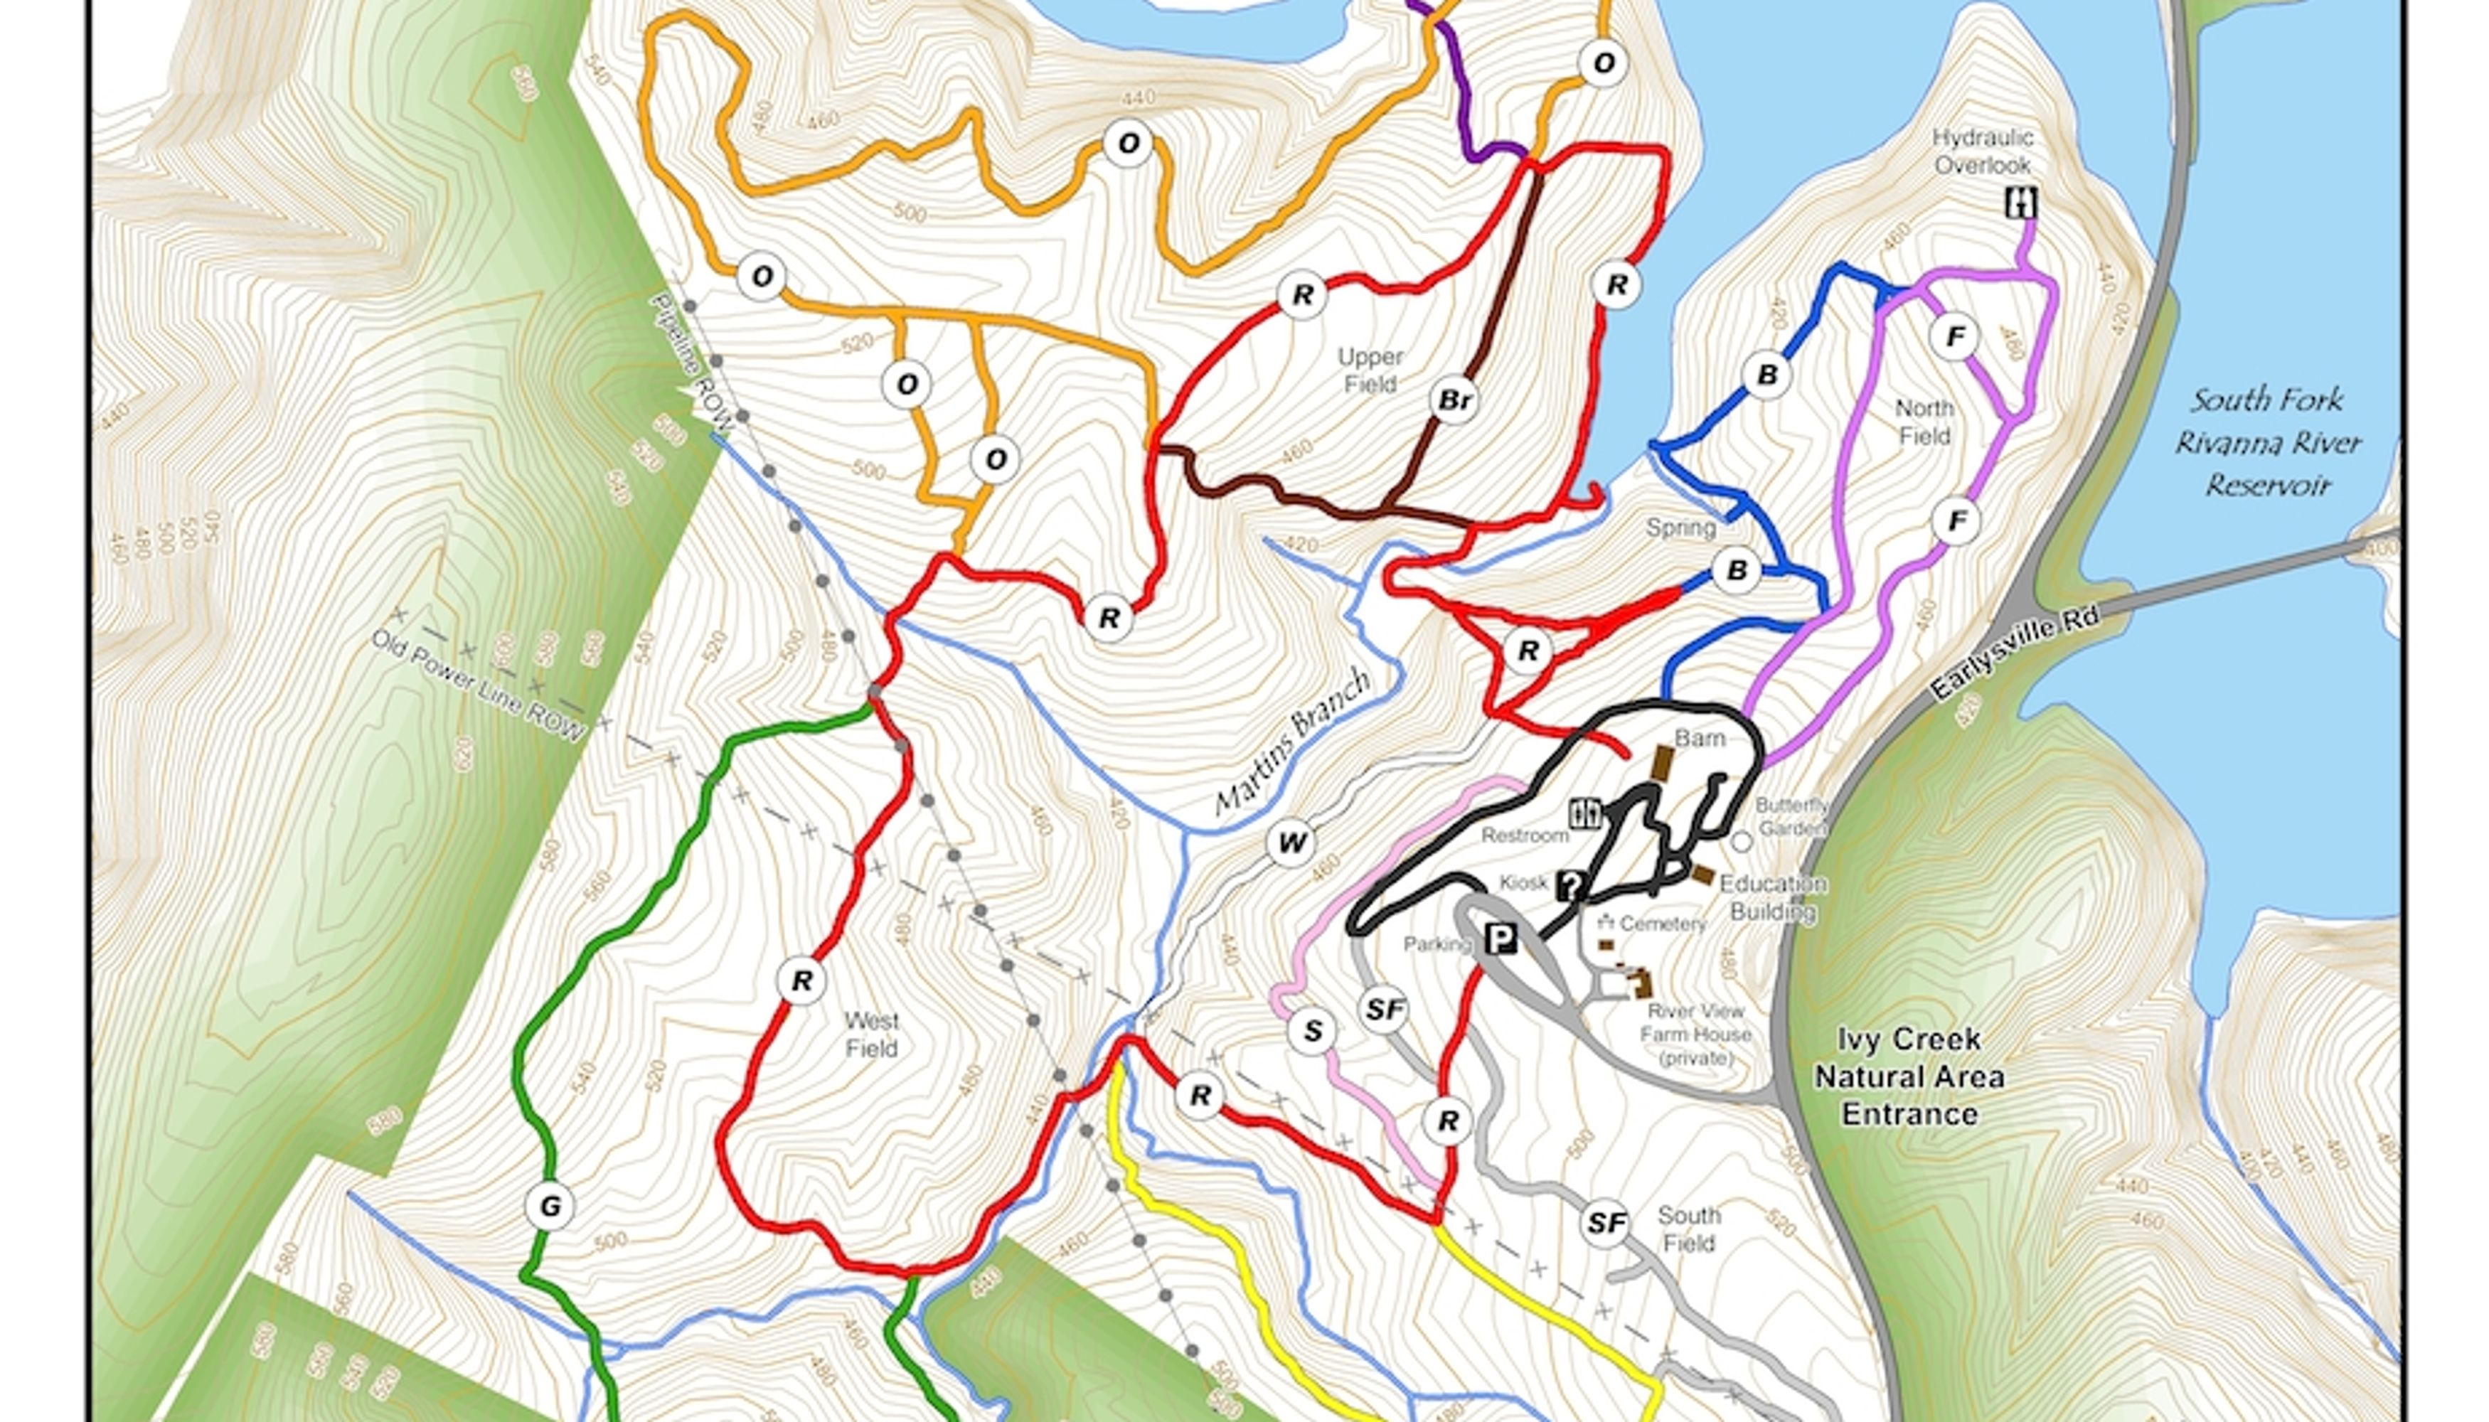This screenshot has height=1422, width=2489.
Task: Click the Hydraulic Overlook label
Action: click(1982, 151)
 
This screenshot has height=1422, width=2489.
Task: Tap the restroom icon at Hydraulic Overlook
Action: click(2020, 203)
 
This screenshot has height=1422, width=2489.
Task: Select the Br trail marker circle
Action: click(1454, 400)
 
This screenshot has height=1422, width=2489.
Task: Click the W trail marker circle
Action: click(1291, 843)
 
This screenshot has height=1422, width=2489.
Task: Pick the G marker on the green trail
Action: click(549, 1207)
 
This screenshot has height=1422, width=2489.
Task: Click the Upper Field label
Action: click(1370, 371)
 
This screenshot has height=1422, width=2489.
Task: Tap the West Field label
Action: click(871, 1035)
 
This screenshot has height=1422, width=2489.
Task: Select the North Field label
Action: click(1924, 422)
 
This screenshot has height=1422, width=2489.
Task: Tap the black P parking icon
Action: click(1501, 939)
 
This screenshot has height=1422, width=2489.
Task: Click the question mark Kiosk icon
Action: click(1571, 885)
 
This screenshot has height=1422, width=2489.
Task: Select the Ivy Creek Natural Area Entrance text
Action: click(1909, 1077)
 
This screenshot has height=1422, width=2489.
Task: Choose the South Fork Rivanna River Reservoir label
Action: click(2266, 442)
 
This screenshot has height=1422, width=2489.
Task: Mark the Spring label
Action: click(1680, 528)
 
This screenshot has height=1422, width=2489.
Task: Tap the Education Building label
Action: click(1772, 897)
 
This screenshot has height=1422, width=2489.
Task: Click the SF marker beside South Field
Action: click(1606, 1223)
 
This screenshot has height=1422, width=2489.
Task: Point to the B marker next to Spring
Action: click(1736, 570)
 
